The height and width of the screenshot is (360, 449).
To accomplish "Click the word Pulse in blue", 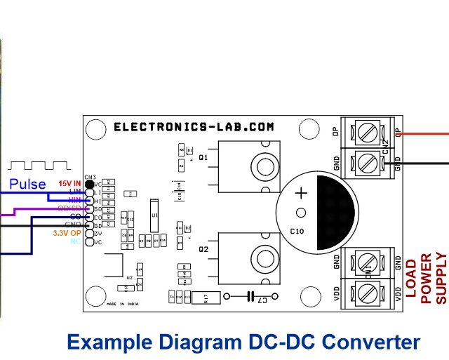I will (x=27, y=184).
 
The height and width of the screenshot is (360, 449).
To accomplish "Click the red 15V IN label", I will (x=70, y=182).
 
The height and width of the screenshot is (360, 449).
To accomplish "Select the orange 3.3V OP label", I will (x=67, y=232).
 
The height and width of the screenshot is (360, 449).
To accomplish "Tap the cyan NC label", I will (x=75, y=241).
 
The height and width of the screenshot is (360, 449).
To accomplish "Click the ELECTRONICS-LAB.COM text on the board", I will (x=194, y=127).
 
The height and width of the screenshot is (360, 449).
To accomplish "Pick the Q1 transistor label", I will (x=203, y=158).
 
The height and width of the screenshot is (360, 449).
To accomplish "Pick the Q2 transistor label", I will (x=203, y=249).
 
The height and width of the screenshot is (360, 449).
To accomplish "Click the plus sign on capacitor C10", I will (x=301, y=193).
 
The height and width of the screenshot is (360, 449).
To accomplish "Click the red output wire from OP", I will (x=424, y=132).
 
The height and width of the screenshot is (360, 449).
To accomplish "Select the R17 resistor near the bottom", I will (x=206, y=298).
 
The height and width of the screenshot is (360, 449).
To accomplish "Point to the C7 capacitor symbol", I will (x=251, y=296).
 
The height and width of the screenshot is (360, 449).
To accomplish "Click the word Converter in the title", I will (x=365, y=342).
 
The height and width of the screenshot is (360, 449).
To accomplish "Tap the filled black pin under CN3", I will (x=90, y=183).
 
